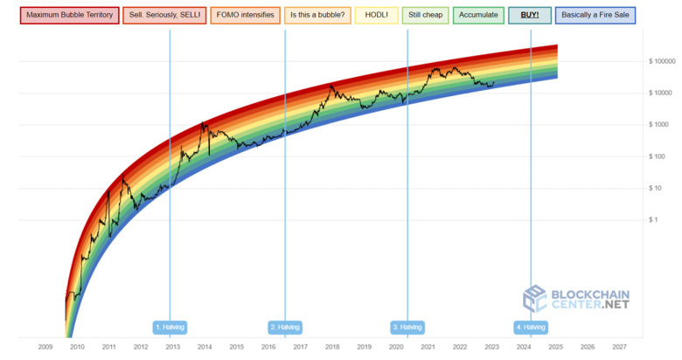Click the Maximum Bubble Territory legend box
click(69, 15)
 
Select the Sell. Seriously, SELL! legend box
click(164, 15)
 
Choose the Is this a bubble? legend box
click(317, 15)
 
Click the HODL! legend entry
click(377, 15)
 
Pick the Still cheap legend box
click(425, 15)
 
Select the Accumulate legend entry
click(477, 15)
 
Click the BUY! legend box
click(530, 15)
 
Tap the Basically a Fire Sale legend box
click(596, 15)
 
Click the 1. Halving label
click(170, 327)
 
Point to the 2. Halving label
click(285, 327)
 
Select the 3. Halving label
click(407, 327)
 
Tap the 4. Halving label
click(531, 327)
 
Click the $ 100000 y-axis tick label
click(664, 61)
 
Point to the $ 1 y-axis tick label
click(653, 220)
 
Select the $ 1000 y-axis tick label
click(658, 125)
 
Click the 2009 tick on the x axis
click(45, 347)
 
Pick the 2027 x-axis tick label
click(619, 347)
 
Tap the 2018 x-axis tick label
click(332, 347)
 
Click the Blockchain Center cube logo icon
click(534, 299)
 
